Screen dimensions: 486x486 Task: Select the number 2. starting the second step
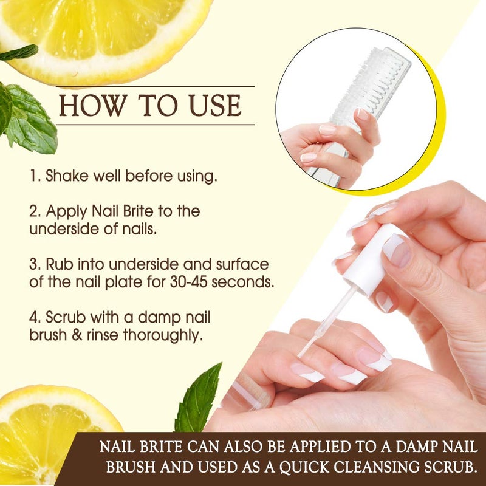[35, 212]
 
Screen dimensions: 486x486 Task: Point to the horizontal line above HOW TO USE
[155, 86]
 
